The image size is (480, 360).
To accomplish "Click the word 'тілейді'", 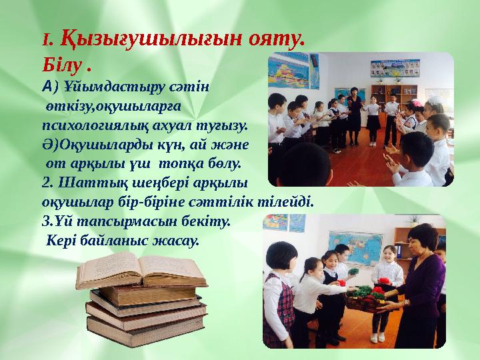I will point(291,201).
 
